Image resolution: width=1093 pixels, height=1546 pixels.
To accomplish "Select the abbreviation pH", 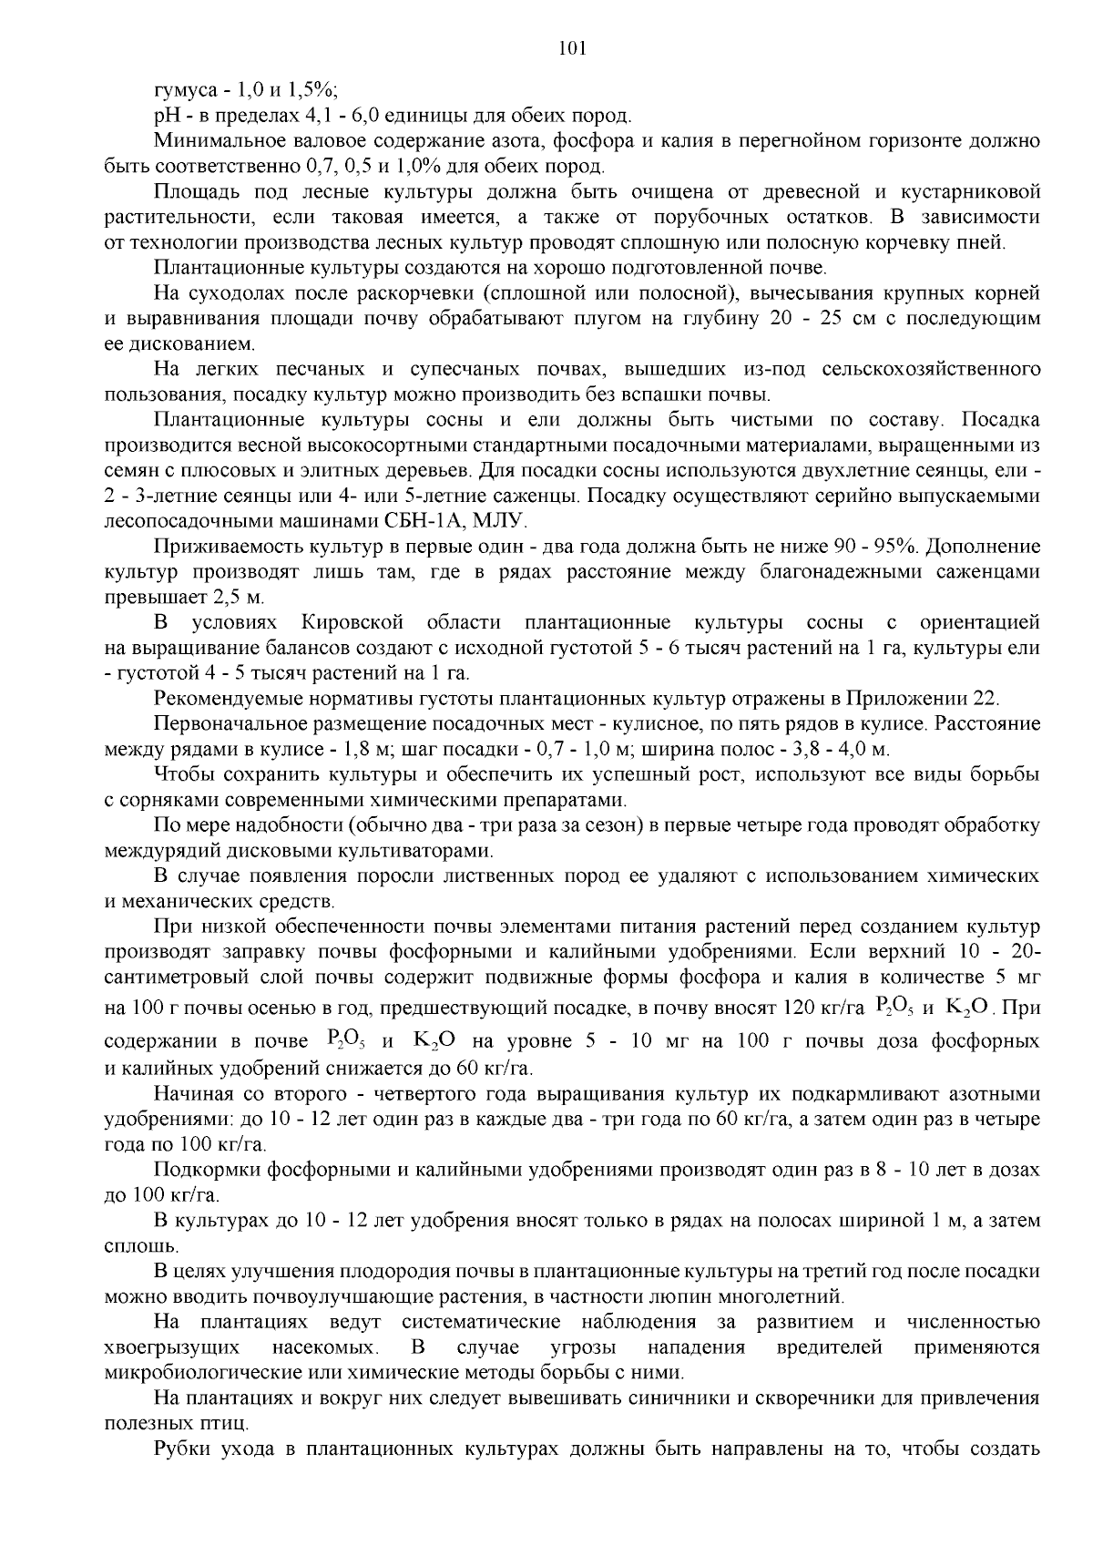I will pos(167,117).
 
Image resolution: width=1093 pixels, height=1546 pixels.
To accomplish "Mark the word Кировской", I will pos(352,623).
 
